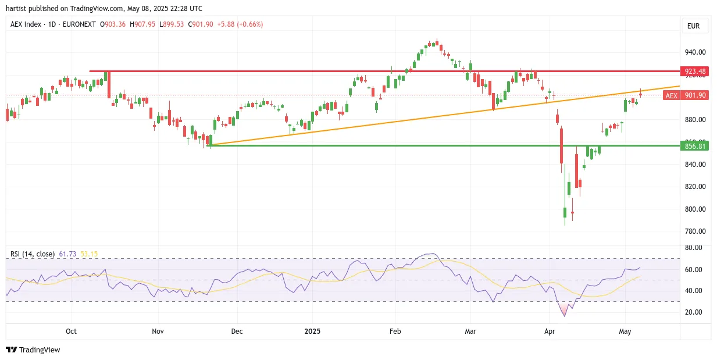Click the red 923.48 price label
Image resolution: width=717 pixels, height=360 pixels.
(694, 72)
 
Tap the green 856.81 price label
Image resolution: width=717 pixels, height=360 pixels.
(694, 146)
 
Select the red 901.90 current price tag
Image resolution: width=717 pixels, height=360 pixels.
(694, 95)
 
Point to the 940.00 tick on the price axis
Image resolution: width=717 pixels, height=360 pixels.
(695, 52)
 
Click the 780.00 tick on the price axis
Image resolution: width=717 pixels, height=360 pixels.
(695, 231)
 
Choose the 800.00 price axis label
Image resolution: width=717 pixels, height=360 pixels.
(695, 209)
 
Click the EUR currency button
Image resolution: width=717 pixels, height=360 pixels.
(693, 26)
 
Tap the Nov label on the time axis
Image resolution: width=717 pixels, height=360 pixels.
(158, 331)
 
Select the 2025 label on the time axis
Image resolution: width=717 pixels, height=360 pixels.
(312, 331)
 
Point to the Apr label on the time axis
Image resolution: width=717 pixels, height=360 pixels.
(550, 331)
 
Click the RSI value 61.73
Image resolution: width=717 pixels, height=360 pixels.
(67, 254)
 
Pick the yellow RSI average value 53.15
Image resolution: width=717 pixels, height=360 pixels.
(89, 254)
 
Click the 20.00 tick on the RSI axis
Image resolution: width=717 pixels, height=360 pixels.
(693, 312)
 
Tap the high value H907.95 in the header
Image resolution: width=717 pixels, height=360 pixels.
(142, 24)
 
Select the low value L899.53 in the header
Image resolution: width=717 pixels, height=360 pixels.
(172, 24)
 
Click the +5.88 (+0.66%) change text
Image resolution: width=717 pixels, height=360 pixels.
(240, 24)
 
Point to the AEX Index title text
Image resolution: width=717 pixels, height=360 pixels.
(26, 24)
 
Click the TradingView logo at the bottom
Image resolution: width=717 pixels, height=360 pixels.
(33, 350)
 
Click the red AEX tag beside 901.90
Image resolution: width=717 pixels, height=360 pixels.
(672, 95)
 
